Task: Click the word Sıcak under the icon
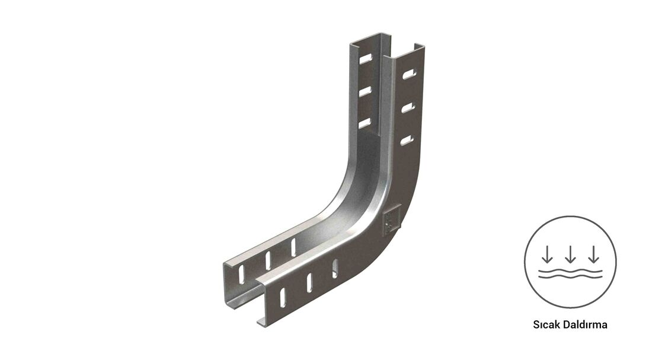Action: point(546,324)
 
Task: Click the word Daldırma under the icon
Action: point(584,324)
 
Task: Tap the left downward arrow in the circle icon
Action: point(547,254)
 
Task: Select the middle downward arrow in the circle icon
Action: point(570,254)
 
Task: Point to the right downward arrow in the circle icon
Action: point(594,254)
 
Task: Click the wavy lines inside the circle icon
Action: point(570,273)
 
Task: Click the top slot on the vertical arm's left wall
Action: point(366,59)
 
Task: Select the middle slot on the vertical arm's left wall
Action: point(365,91)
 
